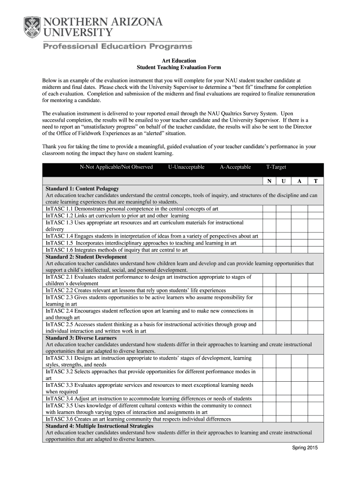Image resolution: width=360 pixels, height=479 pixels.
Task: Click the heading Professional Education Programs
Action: click(118, 46)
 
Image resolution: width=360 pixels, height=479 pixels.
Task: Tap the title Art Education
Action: click(179, 61)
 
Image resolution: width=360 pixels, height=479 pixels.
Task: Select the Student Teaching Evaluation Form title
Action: click(179, 68)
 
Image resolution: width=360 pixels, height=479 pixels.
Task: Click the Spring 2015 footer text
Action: click(305, 448)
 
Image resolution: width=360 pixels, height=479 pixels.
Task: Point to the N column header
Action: click(269, 181)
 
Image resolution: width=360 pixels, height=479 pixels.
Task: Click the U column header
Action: click(284, 181)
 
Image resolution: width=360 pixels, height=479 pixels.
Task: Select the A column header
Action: click(299, 181)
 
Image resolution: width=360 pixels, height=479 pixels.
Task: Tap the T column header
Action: click(316, 181)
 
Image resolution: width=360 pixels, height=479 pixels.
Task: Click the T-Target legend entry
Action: click(276, 167)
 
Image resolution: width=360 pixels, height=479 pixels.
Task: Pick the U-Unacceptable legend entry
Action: click(186, 167)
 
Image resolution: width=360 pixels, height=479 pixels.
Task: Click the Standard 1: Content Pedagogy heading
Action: click(82, 189)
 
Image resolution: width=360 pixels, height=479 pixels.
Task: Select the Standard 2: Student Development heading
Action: click(86, 257)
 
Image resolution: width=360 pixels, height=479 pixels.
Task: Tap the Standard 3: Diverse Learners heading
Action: click(82, 338)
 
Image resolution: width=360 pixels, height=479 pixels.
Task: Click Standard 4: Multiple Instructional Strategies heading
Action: click(99, 426)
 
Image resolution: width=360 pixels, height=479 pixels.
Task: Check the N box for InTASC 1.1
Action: click(269, 209)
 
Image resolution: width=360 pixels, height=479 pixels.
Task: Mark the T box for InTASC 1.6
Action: click(316, 250)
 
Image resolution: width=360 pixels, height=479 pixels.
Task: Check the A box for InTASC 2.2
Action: click(299, 290)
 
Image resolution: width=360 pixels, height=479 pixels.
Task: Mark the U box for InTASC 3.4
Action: click(284, 398)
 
